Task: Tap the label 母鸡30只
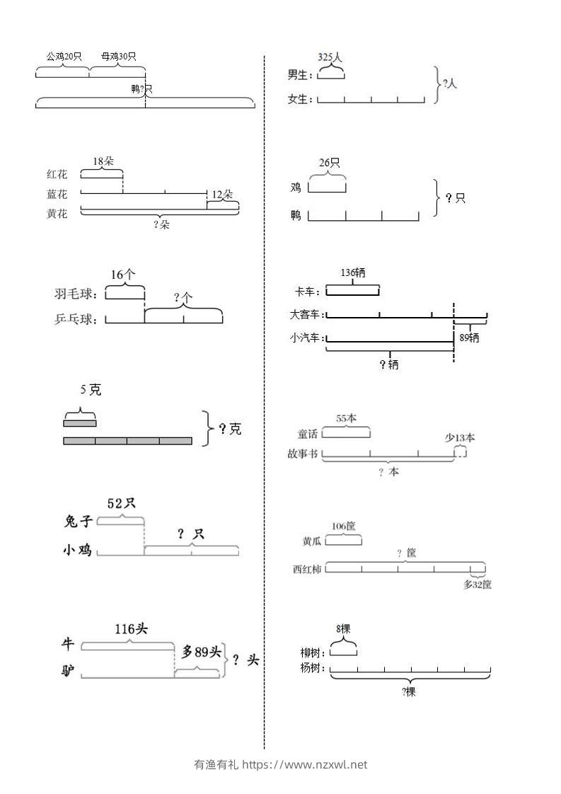tap(118, 56)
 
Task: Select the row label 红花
tap(57, 174)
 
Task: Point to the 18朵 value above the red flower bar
tap(103, 161)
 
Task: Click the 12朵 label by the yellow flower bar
tap(222, 194)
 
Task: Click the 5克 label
tap(91, 389)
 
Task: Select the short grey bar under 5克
tap(79, 423)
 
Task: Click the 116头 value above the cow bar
tap(131, 628)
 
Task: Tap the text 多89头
tap(202, 652)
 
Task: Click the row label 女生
tap(300, 99)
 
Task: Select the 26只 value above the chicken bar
tap(330, 163)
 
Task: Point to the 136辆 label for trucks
tap(353, 272)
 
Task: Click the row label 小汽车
tap(307, 338)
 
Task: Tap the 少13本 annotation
tap(460, 437)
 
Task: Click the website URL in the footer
tap(305, 764)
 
